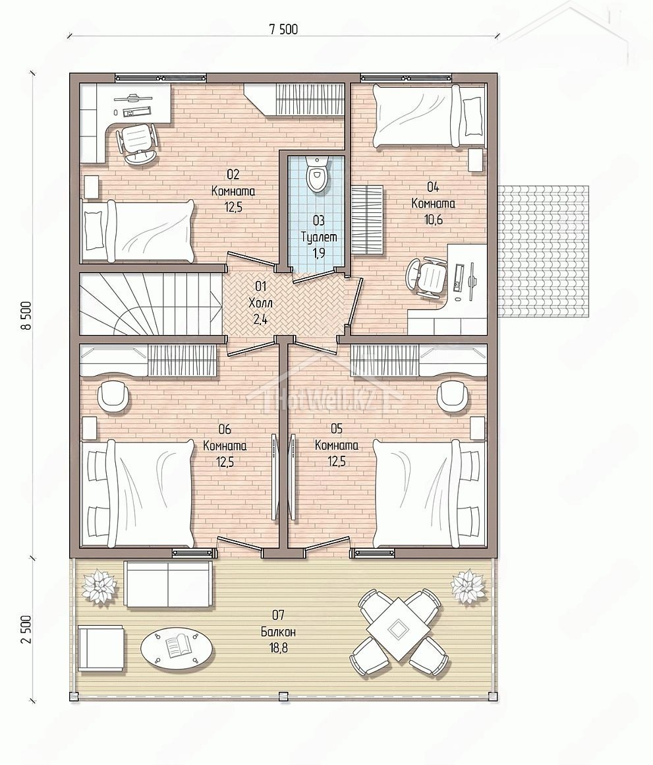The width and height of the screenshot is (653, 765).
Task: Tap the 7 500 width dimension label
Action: [x=283, y=30]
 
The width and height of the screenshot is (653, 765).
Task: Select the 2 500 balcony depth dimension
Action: [x=26, y=629]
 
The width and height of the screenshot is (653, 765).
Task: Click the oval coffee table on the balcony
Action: [x=177, y=648]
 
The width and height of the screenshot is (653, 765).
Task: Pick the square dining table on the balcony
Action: [x=398, y=629]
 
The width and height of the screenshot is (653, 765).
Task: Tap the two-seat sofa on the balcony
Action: [x=169, y=584]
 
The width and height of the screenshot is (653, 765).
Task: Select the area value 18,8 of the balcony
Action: [x=278, y=648]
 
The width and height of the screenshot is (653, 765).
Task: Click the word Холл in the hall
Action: [x=260, y=303]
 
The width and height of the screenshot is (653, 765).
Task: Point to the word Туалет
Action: [x=319, y=237]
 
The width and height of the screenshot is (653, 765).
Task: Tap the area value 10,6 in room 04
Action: [x=433, y=220]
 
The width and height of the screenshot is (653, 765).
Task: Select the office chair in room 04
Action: [x=428, y=277]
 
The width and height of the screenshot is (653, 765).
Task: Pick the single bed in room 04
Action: [x=430, y=115]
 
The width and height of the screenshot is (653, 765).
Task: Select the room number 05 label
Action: [x=337, y=429]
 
